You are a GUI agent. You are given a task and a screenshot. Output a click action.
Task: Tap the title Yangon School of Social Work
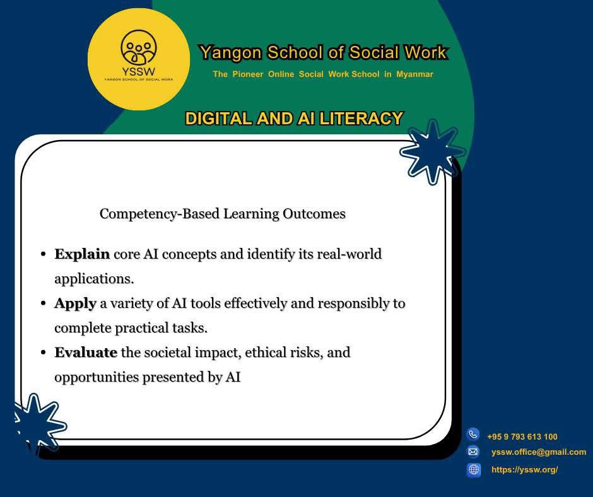click(x=324, y=52)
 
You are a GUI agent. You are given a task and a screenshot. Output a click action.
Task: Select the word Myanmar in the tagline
click(x=414, y=74)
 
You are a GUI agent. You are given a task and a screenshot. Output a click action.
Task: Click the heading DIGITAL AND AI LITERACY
click(x=294, y=119)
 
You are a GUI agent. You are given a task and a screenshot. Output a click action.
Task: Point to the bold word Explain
click(x=82, y=254)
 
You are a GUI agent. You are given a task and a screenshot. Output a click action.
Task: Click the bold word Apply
click(x=75, y=304)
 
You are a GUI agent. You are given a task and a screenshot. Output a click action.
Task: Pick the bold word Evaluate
click(x=86, y=353)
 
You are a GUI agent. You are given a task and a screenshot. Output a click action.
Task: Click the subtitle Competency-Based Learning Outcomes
click(x=222, y=214)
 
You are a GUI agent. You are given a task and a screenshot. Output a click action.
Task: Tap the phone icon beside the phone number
click(x=473, y=434)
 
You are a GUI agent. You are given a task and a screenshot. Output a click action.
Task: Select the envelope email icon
click(x=473, y=452)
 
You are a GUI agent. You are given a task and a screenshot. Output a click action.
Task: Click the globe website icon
click(x=474, y=469)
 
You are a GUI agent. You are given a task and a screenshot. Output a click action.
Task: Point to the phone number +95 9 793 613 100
click(x=522, y=436)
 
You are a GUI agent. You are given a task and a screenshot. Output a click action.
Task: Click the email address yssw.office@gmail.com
click(x=539, y=452)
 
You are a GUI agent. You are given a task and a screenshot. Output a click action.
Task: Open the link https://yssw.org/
click(x=524, y=470)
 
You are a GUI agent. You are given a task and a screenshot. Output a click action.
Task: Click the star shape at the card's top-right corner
click(x=433, y=151)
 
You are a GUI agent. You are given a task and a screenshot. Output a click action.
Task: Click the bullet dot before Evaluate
click(x=44, y=353)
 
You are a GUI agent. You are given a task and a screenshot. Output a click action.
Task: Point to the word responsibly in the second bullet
click(x=353, y=304)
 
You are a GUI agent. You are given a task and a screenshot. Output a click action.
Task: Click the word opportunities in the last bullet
click(x=97, y=377)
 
